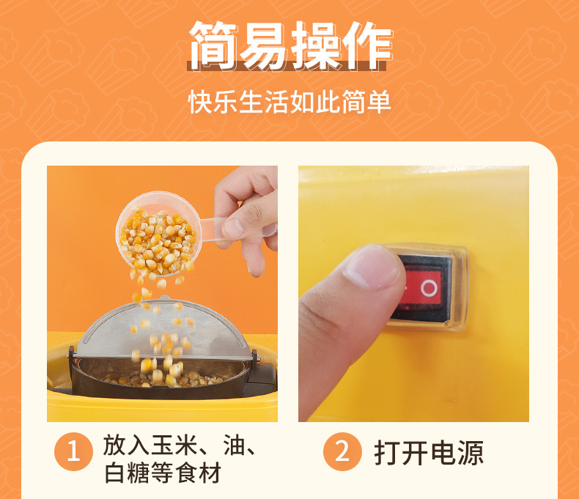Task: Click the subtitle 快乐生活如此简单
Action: click(289, 101)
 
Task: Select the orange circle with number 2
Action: click(342, 451)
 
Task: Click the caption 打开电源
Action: click(429, 452)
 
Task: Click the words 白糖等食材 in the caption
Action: click(163, 473)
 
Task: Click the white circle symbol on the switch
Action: click(429, 288)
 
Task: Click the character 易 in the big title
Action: click(265, 45)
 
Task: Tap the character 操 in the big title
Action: click(315, 45)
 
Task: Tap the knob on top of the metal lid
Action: click(166, 298)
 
